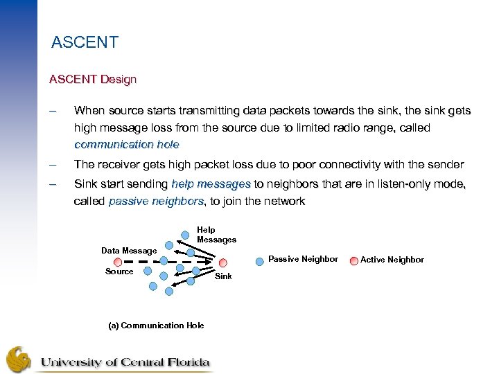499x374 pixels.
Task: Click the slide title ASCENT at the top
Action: pos(85,42)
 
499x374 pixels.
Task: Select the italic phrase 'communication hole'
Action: pos(126,145)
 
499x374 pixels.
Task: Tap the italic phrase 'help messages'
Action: pos(211,184)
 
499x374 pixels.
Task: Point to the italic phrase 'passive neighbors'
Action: pos(157,202)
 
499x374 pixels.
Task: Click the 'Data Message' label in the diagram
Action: pos(129,251)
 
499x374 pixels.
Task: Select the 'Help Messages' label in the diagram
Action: pos(216,235)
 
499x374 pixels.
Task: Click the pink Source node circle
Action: pos(117,262)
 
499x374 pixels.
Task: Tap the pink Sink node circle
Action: pos(223,262)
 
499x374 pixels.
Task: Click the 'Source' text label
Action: pos(119,271)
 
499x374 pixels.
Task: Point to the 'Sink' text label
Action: pos(223,276)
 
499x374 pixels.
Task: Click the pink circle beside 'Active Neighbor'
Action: pos(352,260)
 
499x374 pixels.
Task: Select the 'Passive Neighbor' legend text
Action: pos(303,259)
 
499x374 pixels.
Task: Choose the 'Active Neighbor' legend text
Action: pos(392,260)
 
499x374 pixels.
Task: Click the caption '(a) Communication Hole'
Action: pos(156,326)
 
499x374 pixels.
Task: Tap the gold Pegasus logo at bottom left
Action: pos(19,359)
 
